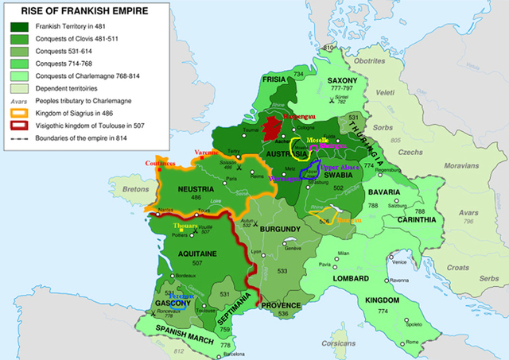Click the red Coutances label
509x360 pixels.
pos(162,163)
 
